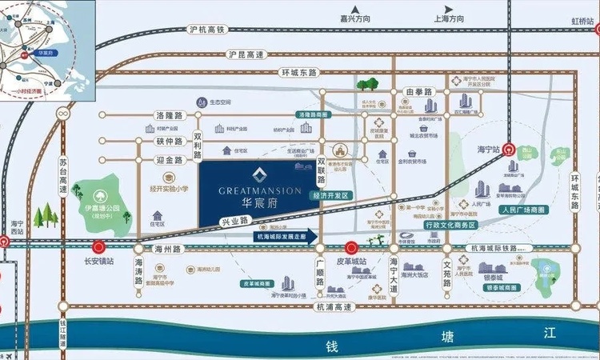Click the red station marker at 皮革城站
350,248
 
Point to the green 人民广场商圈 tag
521,209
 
